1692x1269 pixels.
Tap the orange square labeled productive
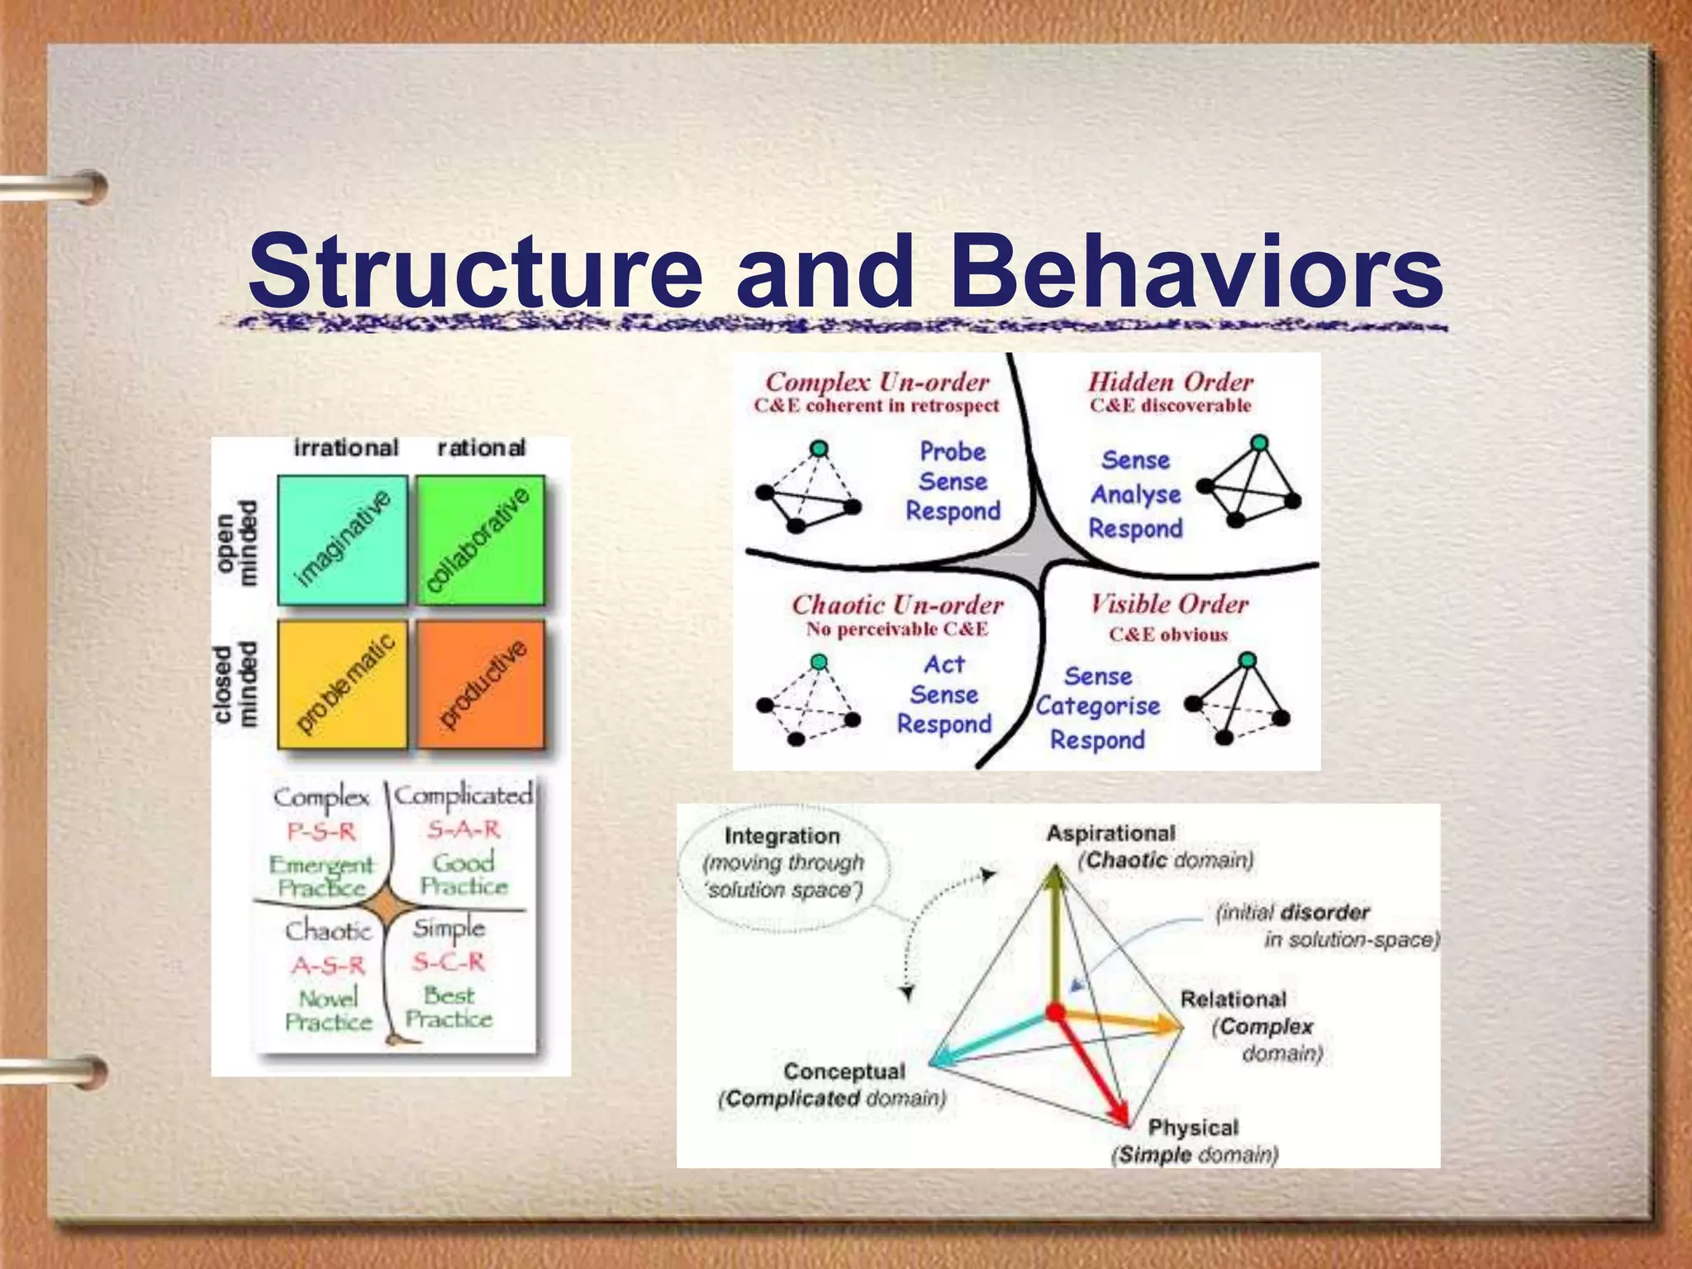tap(481, 684)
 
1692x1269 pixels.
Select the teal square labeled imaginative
tap(342, 539)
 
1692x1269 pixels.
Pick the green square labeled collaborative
tap(480, 539)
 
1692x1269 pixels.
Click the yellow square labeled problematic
tap(342, 684)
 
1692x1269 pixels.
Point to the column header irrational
tap(346, 448)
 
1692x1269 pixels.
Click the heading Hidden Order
tap(1170, 382)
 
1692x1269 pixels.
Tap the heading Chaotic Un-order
tap(897, 605)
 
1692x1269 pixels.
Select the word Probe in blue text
tap(953, 452)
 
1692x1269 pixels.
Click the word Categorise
tap(1098, 706)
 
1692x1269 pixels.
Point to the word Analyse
tap(1136, 494)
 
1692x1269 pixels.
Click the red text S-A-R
tap(463, 829)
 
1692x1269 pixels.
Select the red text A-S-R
tap(328, 965)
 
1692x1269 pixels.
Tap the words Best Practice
tap(449, 1007)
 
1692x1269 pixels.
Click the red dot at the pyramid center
tap(1056, 1011)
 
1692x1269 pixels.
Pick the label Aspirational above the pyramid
tap(1110, 833)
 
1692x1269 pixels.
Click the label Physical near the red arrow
tap(1193, 1128)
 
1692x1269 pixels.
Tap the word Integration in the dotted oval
tap(782, 836)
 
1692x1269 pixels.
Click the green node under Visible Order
tap(1248, 659)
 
